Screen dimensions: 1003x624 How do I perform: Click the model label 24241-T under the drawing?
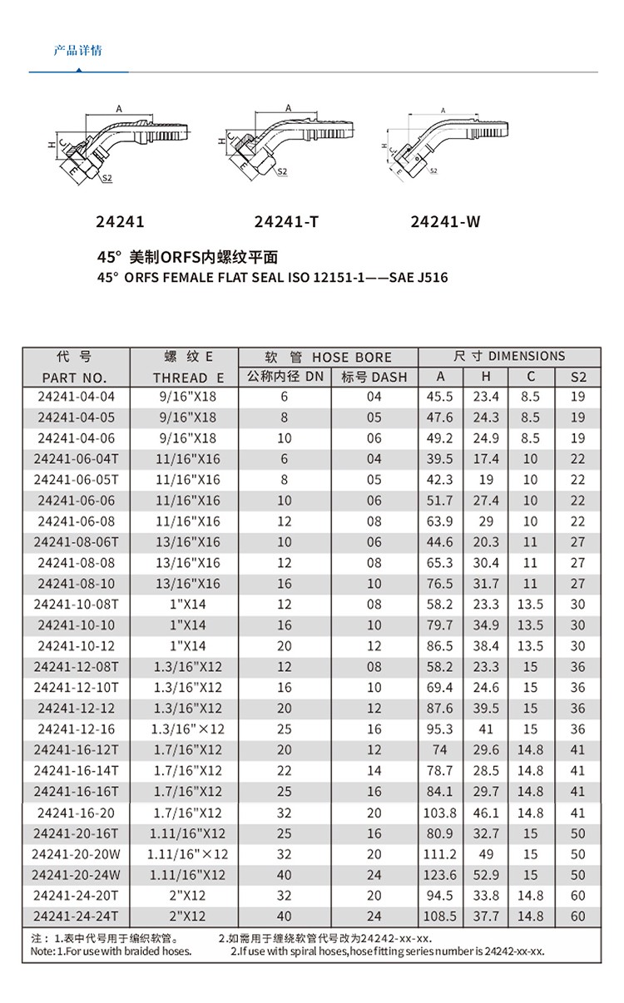[x=286, y=222]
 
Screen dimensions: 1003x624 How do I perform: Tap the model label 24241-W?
[x=445, y=222]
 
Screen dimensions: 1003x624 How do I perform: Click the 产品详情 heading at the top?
[x=77, y=51]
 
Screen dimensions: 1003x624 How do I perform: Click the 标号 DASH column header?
[x=374, y=377]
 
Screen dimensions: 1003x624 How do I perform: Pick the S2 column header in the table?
[x=578, y=377]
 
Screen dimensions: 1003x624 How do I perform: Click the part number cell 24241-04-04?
[x=77, y=397]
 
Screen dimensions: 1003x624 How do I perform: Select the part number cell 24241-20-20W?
[x=77, y=854]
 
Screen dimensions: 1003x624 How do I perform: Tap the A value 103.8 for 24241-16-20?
[x=440, y=813]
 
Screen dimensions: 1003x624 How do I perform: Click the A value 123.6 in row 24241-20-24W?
[x=440, y=875]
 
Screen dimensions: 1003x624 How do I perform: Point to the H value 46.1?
[x=486, y=813]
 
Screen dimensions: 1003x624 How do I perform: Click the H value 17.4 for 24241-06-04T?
[x=486, y=459]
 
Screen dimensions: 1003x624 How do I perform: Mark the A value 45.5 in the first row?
[x=440, y=397]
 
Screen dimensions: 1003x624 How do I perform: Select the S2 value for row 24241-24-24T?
[x=578, y=917]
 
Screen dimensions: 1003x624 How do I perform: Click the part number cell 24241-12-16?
[x=77, y=729]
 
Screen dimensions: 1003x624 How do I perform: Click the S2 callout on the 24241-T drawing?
[x=282, y=171]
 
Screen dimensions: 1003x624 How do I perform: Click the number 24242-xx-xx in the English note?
[x=513, y=951]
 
